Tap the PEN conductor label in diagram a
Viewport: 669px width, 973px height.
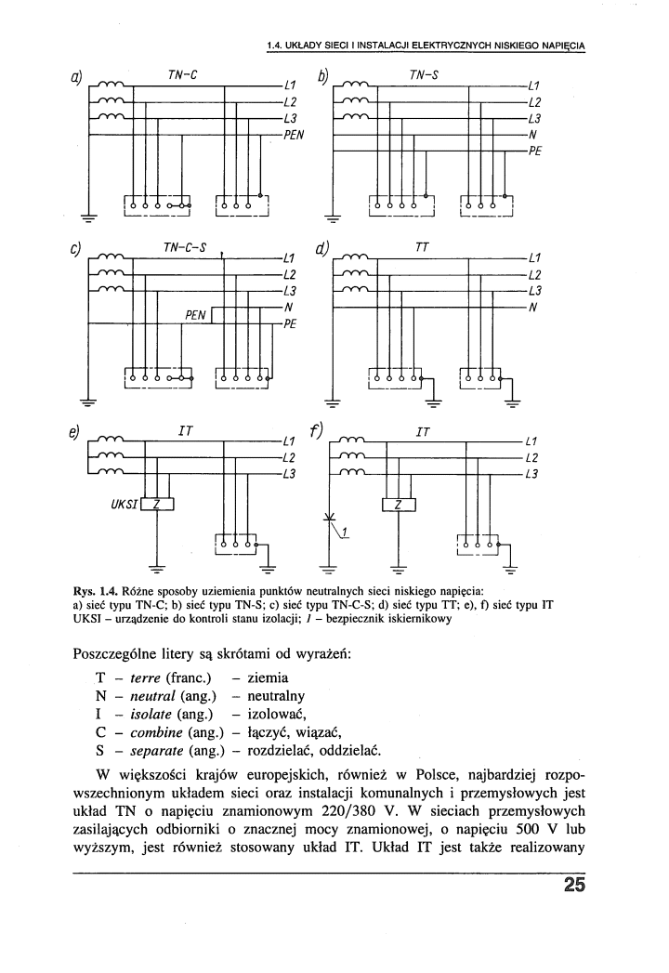click(x=294, y=135)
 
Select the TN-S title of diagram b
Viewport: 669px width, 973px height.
click(x=425, y=75)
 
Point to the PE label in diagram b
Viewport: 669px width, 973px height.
click(x=535, y=151)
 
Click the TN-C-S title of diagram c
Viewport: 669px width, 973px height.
click(x=184, y=248)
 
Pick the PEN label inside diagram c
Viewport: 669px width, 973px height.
click(x=195, y=316)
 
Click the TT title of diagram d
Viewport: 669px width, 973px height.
click(x=422, y=247)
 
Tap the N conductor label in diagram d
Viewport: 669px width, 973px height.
click(x=532, y=308)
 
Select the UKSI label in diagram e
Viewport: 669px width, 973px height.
click(x=124, y=504)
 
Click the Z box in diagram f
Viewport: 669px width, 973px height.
click(x=399, y=506)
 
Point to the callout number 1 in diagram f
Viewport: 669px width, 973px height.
click(x=345, y=531)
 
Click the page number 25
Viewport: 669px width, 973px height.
click(x=574, y=885)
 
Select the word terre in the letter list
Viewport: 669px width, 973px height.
click(x=145, y=677)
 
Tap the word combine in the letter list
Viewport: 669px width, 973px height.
click(x=156, y=732)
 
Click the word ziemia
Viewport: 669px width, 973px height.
click(x=269, y=677)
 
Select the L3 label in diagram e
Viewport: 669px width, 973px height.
click(x=290, y=475)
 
